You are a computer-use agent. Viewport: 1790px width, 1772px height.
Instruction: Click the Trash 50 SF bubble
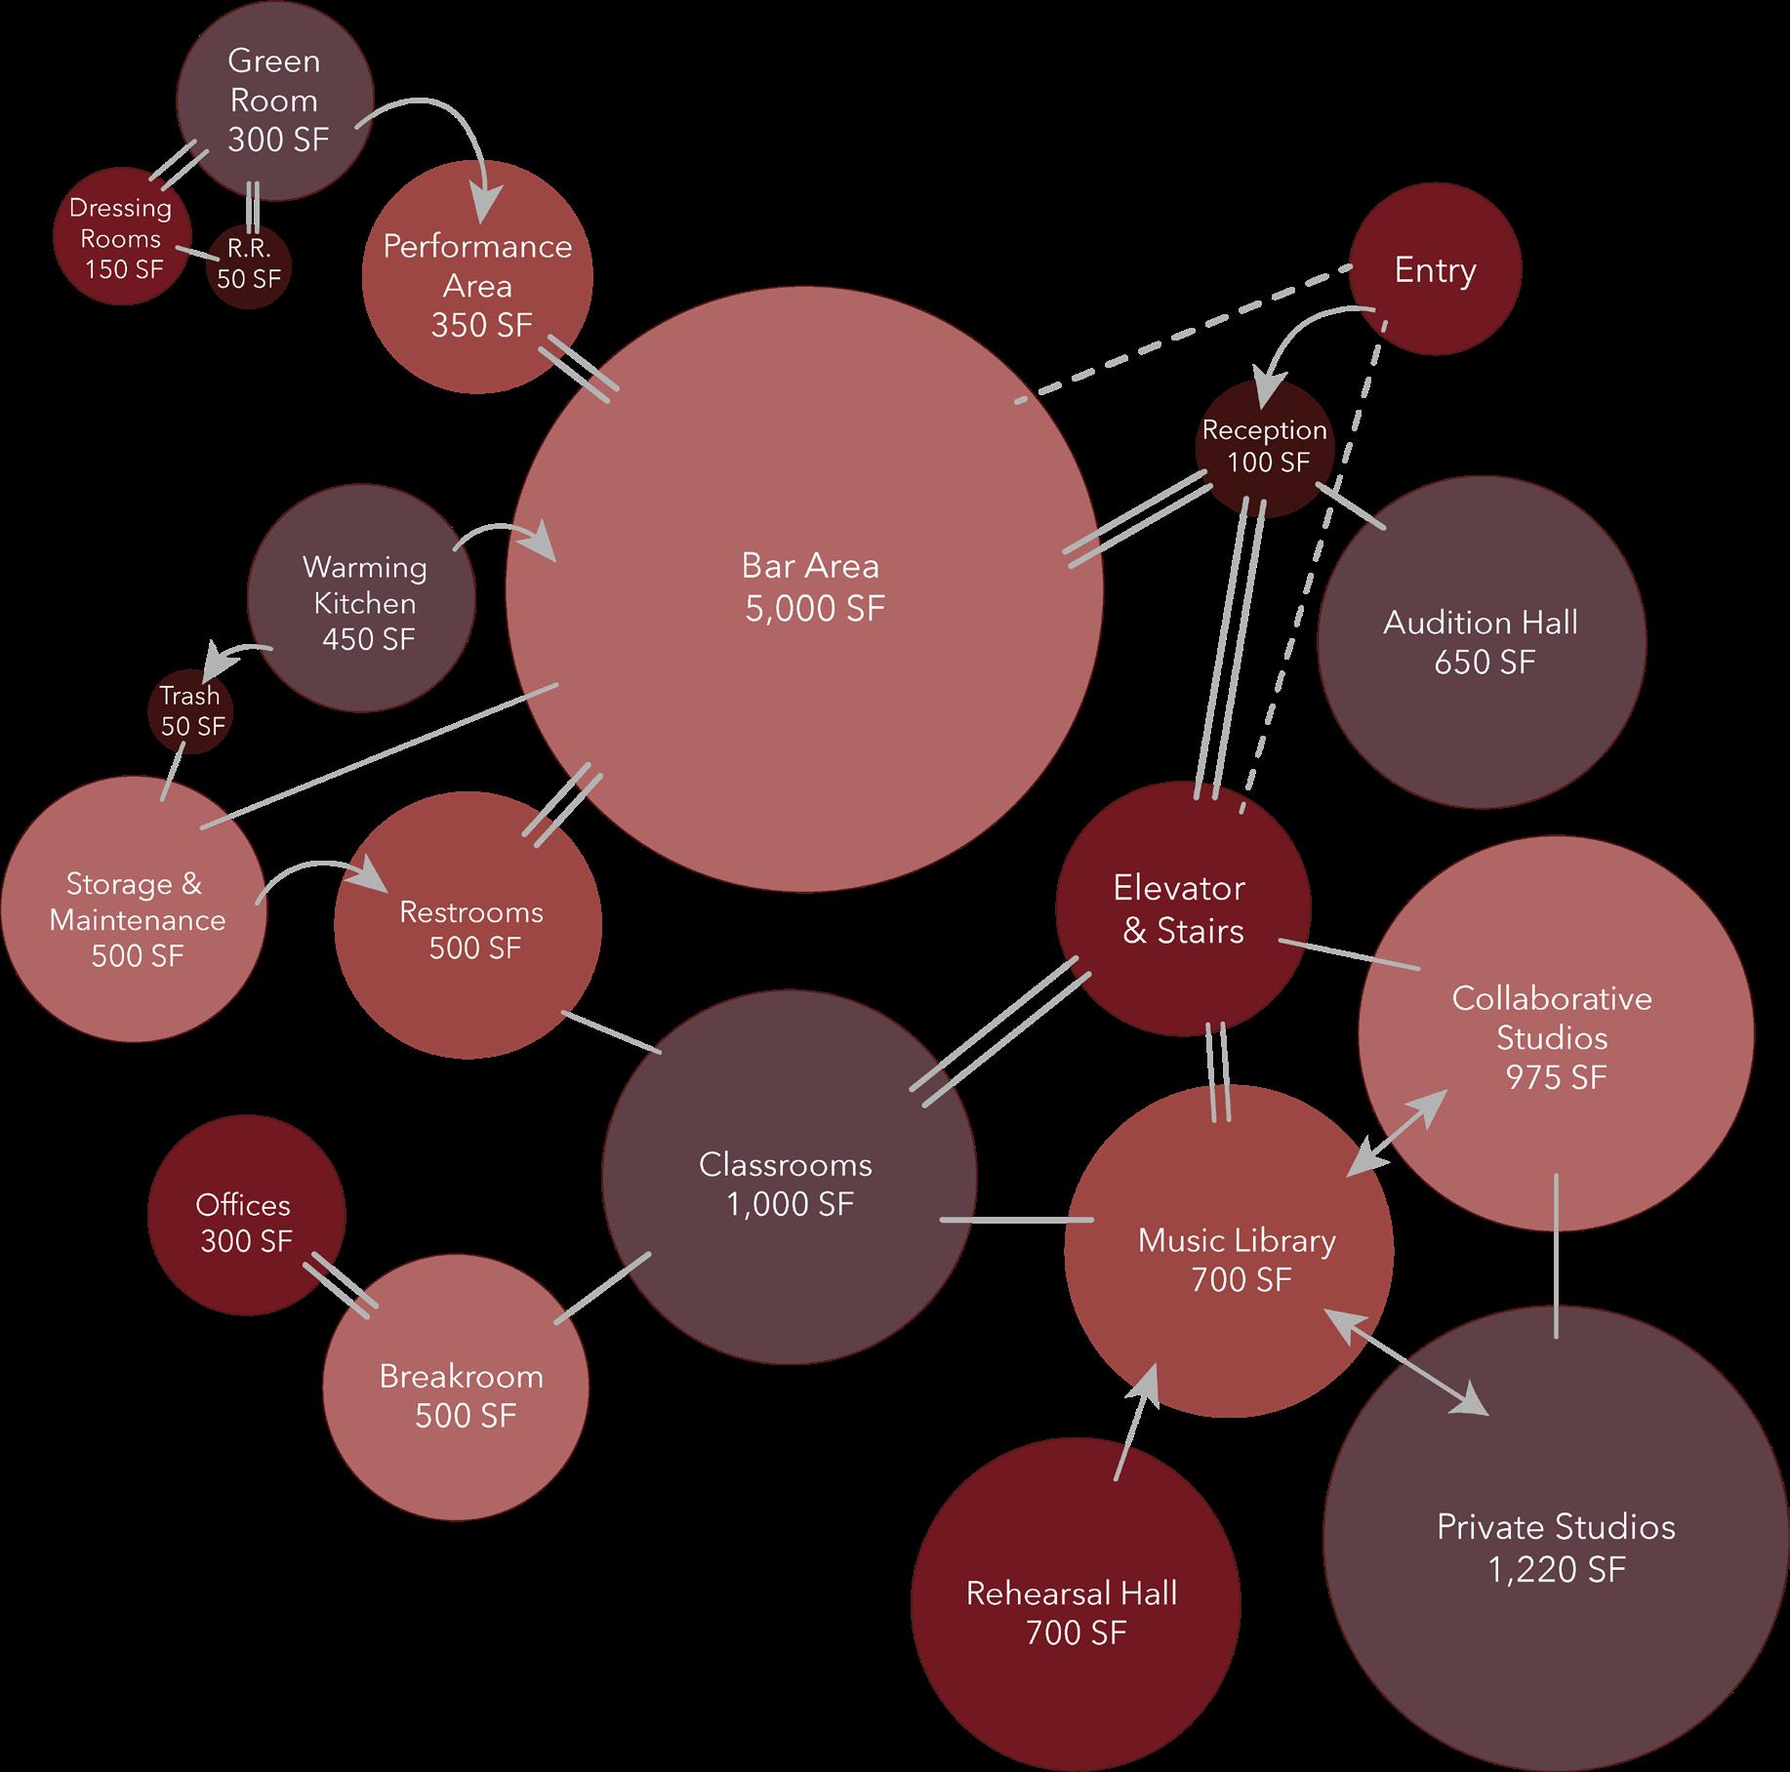coord(190,711)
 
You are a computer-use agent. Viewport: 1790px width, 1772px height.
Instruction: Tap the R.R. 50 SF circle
coord(249,265)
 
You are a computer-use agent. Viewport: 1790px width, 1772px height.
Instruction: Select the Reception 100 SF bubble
coord(1263,446)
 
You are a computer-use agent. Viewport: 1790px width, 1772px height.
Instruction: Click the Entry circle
coord(1435,270)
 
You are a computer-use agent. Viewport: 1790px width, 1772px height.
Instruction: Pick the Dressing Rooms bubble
coord(121,238)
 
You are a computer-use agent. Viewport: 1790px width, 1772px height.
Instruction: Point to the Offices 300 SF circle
coord(245,1222)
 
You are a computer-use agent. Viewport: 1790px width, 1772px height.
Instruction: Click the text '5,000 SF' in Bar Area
coord(815,609)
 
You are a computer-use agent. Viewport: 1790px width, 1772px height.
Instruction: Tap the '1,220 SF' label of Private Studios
coord(1556,1569)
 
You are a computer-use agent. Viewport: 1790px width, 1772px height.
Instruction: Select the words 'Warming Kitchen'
coord(364,584)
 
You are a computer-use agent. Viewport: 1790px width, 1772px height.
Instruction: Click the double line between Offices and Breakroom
coord(340,1290)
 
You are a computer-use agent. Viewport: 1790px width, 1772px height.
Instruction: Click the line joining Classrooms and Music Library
coord(1016,1219)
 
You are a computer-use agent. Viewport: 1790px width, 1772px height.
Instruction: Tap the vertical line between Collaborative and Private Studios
coord(1556,1256)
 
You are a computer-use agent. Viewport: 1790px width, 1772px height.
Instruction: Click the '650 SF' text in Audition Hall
coord(1484,663)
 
